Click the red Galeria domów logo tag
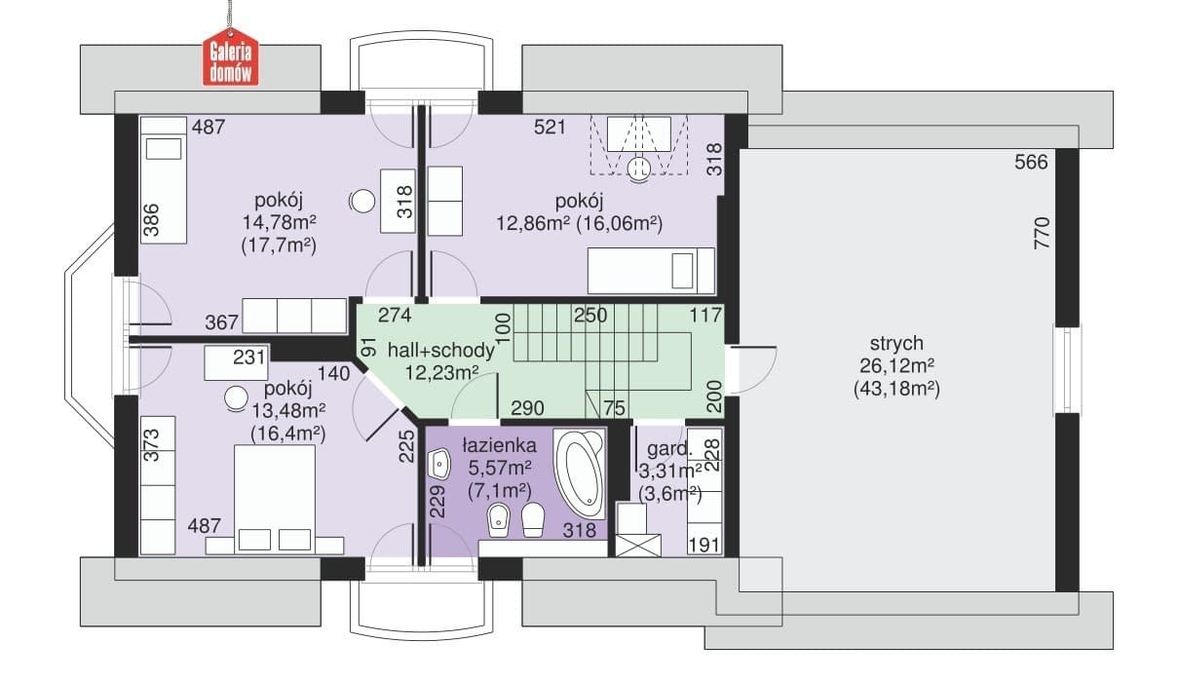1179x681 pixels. (x=231, y=62)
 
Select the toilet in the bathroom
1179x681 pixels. (x=533, y=519)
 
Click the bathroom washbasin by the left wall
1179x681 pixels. (x=439, y=465)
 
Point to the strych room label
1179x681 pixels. (x=896, y=343)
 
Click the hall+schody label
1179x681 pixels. (x=441, y=351)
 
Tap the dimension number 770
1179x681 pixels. (x=1042, y=233)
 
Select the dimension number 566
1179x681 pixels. (x=1031, y=162)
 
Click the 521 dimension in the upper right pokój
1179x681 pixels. (x=550, y=127)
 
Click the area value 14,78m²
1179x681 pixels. (x=279, y=222)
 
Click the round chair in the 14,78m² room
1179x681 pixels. (x=362, y=201)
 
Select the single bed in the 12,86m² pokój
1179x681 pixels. (x=651, y=271)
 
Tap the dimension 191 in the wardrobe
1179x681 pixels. (x=704, y=545)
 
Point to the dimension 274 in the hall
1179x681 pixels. (x=395, y=316)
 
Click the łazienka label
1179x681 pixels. (x=499, y=446)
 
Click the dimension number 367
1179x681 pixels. (x=221, y=322)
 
